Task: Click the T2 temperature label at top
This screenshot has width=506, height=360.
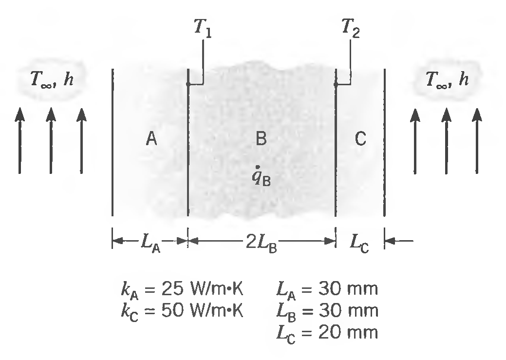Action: coord(352,31)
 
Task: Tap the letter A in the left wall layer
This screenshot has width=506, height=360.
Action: coord(151,140)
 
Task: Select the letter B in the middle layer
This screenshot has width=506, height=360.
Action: coord(261,140)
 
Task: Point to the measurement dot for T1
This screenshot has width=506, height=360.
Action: coord(188,84)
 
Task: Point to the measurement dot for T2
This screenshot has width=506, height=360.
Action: coord(336,84)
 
